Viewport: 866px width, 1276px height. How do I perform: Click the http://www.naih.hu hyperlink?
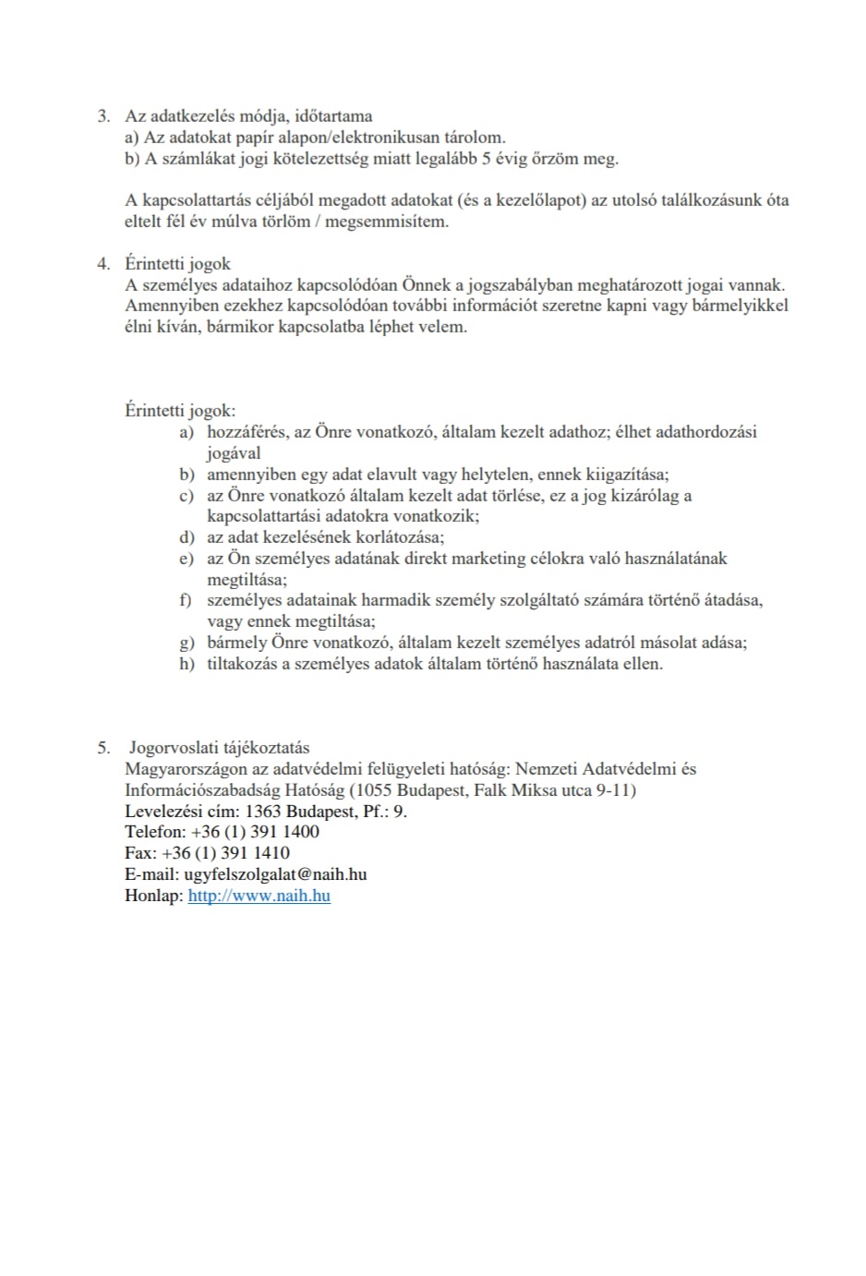point(259,896)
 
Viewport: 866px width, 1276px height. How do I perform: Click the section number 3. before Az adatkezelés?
point(103,116)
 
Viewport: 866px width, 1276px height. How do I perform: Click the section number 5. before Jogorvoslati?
point(103,748)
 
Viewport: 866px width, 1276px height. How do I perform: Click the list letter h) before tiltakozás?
point(186,664)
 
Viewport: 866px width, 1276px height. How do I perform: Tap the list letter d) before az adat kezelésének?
point(186,537)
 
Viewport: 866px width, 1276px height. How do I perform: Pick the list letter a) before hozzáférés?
point(186,432)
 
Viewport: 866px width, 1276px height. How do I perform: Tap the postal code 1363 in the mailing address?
point(262,812)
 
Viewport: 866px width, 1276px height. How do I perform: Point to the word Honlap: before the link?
point(153,896)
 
